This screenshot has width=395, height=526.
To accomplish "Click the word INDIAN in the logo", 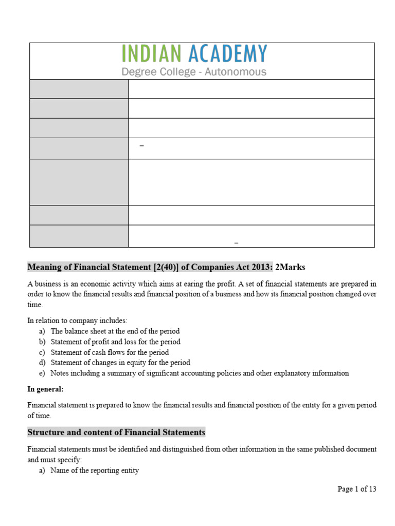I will (152, 54).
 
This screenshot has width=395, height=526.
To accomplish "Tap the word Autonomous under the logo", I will (236, 72).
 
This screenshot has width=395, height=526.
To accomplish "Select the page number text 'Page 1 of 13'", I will (356, 489).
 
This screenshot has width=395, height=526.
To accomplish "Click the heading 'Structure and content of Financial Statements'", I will (116, 433).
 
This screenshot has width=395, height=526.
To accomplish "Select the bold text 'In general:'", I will (46, 389).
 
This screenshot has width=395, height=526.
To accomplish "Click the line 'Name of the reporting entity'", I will (95, 471).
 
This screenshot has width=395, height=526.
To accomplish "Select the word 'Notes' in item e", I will (60, 373).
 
